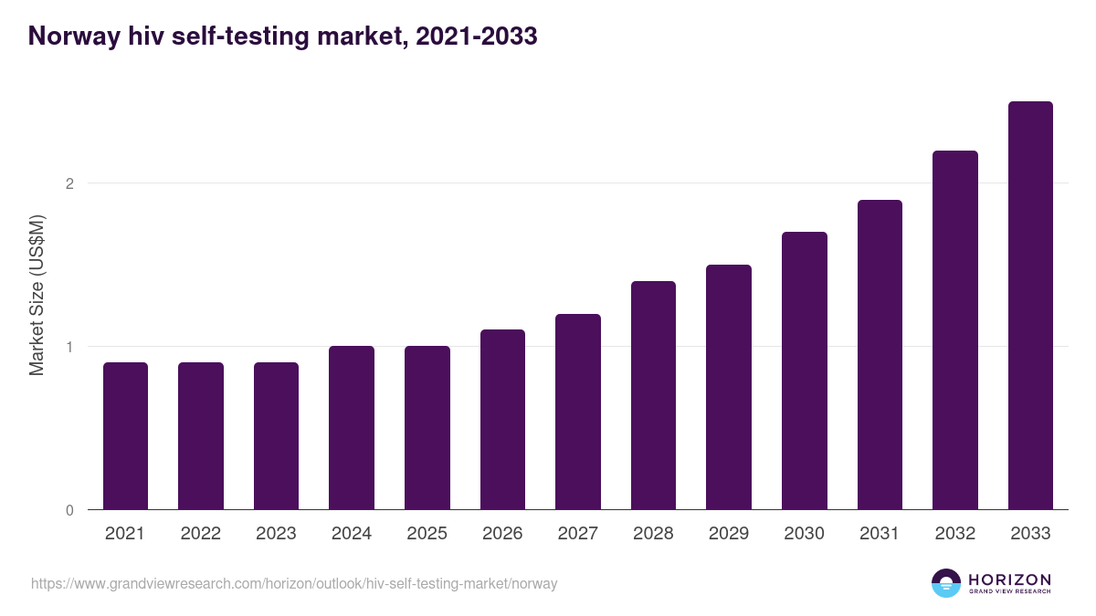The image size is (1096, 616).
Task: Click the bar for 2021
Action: click(125, 436)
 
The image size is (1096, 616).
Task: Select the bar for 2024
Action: click(352, 428)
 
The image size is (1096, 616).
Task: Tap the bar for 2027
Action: click(578, 412)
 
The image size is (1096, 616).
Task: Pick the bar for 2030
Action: click(805, 371)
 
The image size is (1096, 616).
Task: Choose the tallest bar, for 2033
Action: click(1030, 306)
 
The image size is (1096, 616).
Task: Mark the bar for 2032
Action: click(955, 330)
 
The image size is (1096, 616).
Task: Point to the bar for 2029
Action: click(729, 387)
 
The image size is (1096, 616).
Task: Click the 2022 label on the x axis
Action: click(200, 534)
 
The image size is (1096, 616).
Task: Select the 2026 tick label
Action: click(502, 534)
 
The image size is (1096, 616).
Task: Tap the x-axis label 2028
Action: click(653, 534)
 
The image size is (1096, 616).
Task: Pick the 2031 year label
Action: click(880, 534)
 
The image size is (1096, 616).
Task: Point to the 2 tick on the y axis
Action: click(69, 183)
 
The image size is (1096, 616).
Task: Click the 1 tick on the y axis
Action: click(69, 347)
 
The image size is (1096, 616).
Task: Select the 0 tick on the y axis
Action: click(69, 510)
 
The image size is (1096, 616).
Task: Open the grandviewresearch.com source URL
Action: click(293, 583)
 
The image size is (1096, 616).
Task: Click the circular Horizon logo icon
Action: click(946, 583)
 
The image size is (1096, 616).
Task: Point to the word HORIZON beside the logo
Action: click(1009, 579)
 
